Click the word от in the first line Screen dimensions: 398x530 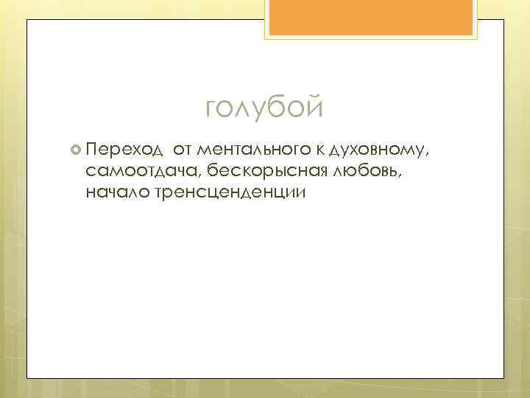point(183,151)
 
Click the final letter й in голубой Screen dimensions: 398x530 point(314,108)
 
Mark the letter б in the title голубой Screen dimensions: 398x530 point(275,108)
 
